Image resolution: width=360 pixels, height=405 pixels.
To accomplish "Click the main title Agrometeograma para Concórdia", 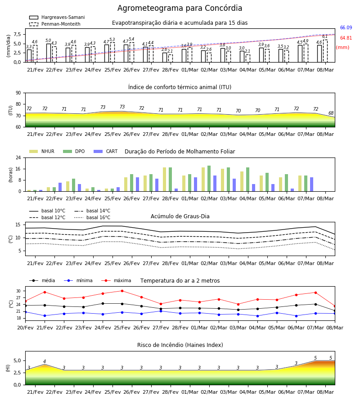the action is coord(180,8).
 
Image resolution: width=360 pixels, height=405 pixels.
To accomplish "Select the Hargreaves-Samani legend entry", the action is coord(57,17).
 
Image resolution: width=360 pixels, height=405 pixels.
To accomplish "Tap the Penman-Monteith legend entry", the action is coord(55,24).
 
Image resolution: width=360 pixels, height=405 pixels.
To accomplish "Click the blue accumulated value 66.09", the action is coord(346,27).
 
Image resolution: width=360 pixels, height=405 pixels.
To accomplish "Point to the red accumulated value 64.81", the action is coord(346,38).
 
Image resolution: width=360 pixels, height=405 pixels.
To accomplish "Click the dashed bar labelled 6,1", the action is coord(325,51).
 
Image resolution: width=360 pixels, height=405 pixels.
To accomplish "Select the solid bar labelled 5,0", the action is coord(49,53).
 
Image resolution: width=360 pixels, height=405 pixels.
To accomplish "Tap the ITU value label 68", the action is coord(331,113).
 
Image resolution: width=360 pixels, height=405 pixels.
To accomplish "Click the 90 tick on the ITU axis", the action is coord(18,93).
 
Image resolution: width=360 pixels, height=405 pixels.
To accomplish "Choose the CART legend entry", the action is coord(106,151).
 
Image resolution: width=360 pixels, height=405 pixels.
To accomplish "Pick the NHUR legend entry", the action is coord(42,151).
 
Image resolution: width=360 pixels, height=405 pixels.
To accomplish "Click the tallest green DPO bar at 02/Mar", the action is coord(209,179).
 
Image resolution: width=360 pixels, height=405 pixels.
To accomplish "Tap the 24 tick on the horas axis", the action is coord(18,157).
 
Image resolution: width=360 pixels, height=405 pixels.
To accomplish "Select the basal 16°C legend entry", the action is coord(92,217).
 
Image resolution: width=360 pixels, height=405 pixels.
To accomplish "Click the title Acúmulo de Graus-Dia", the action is coord(180,216).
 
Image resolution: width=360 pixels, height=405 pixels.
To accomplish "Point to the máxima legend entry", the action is coord(116,280).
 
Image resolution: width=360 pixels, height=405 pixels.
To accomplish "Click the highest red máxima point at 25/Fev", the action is coord(122,291).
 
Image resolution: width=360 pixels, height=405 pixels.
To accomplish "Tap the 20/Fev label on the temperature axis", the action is coord(25,328).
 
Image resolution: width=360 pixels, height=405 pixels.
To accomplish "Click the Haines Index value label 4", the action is coord(45,361).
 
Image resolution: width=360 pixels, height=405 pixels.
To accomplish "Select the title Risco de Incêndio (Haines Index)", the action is coord(180,345).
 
